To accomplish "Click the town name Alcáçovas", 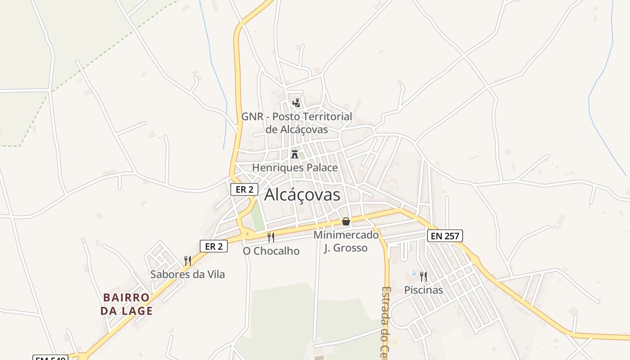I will (x=302, y=195).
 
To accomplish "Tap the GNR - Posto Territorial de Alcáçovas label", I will (x=297, y=123).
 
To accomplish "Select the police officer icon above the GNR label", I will (x=296, y=103).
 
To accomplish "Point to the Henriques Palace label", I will (x=295, y=168).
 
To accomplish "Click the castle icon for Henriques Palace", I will (x=295, y=154).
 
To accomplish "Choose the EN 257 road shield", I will (x=445, y=236).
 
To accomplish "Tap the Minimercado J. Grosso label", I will (x=346, y=241).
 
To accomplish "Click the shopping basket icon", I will (x=346, y=221).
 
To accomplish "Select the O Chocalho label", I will (x=271, y=251).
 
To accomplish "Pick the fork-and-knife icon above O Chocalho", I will (x=271, y=237).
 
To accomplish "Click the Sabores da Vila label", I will (x=187, y=274).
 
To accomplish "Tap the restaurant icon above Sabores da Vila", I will (x=188, y=261).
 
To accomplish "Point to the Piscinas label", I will (x=423, y=290).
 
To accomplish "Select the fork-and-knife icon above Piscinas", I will (x=423, y=276).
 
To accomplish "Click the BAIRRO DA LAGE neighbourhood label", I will (x=126, y=304).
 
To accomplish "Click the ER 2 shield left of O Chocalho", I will (x=214, y=246).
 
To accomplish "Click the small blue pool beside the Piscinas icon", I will (x=414, y=273).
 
